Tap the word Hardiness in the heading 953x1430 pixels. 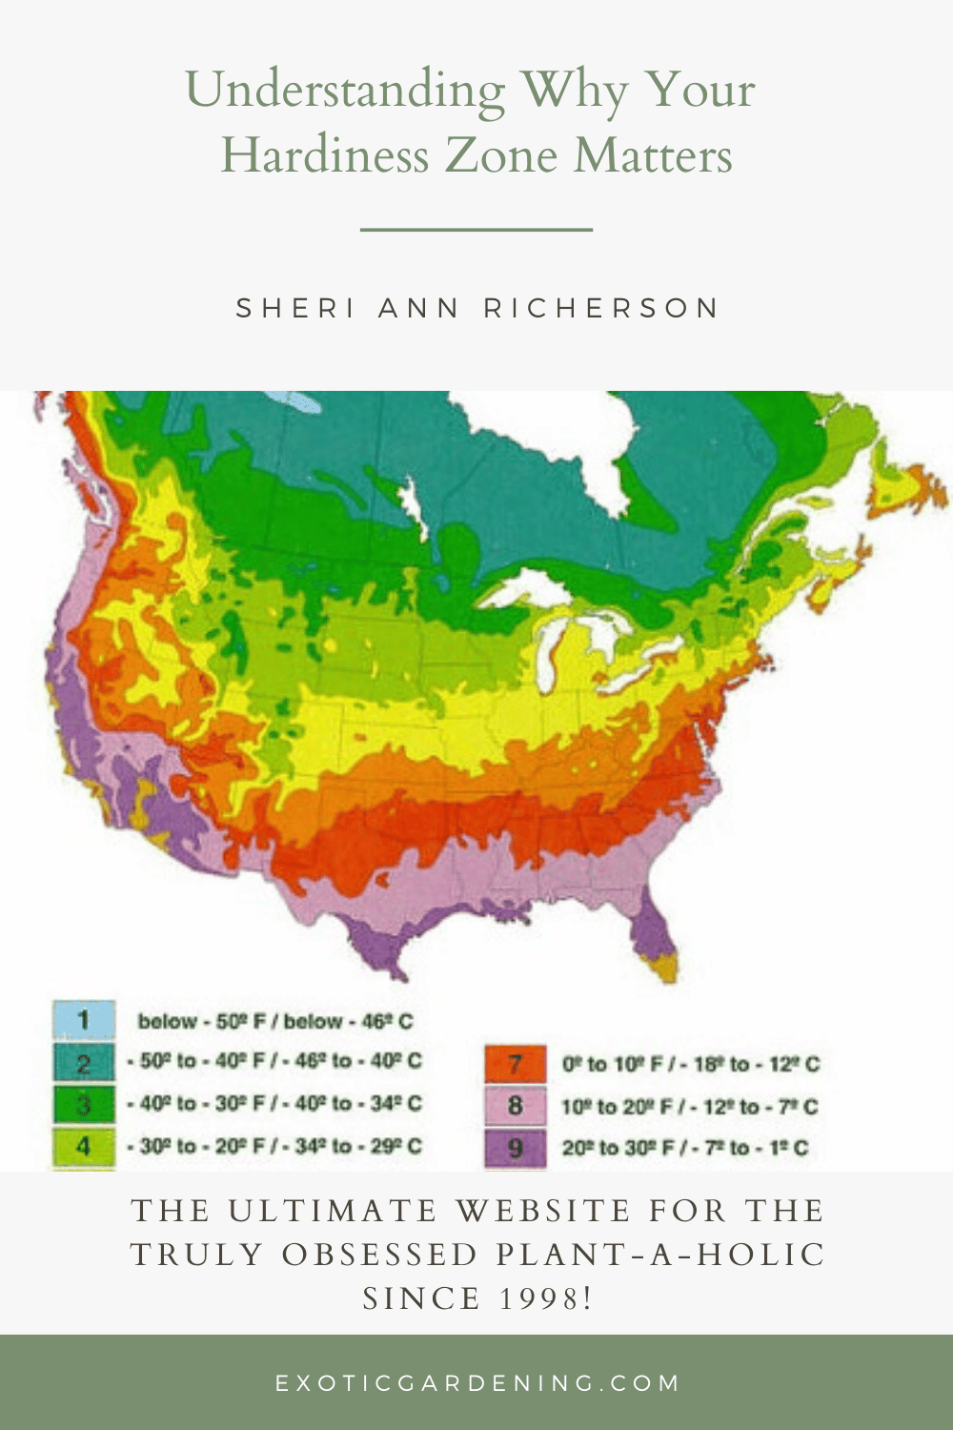324,156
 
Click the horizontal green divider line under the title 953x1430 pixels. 476,230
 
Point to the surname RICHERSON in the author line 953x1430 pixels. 601,309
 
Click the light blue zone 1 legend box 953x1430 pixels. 84,1020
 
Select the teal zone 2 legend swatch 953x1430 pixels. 84,1062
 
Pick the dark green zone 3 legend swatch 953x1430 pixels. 84,1104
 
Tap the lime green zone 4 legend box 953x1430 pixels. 84,1146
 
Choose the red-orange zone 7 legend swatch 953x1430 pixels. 515,1064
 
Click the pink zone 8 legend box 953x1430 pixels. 515,1106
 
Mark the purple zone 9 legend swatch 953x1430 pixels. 515,1148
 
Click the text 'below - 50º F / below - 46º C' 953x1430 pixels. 275,1022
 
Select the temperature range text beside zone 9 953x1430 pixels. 684,1148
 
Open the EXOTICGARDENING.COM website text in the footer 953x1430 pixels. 476,1382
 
